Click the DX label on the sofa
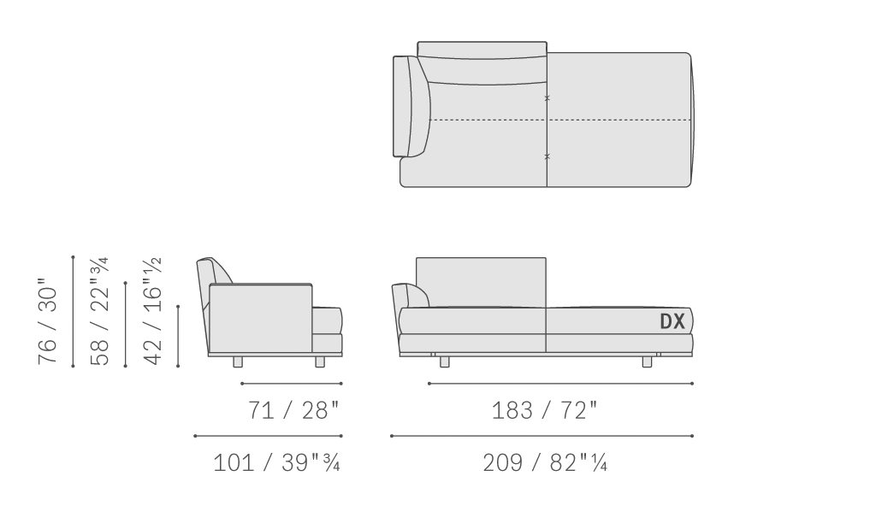[672, 321]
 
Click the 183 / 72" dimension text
[544, 410]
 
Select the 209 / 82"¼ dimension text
[545, 463]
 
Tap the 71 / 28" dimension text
[293, 410]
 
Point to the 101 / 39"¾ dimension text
[276, 463]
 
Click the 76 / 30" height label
[48, 321]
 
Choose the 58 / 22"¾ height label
[99, 311]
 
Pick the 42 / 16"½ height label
[152, 311]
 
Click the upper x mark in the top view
[547, 98]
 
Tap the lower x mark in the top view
[547, 156]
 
